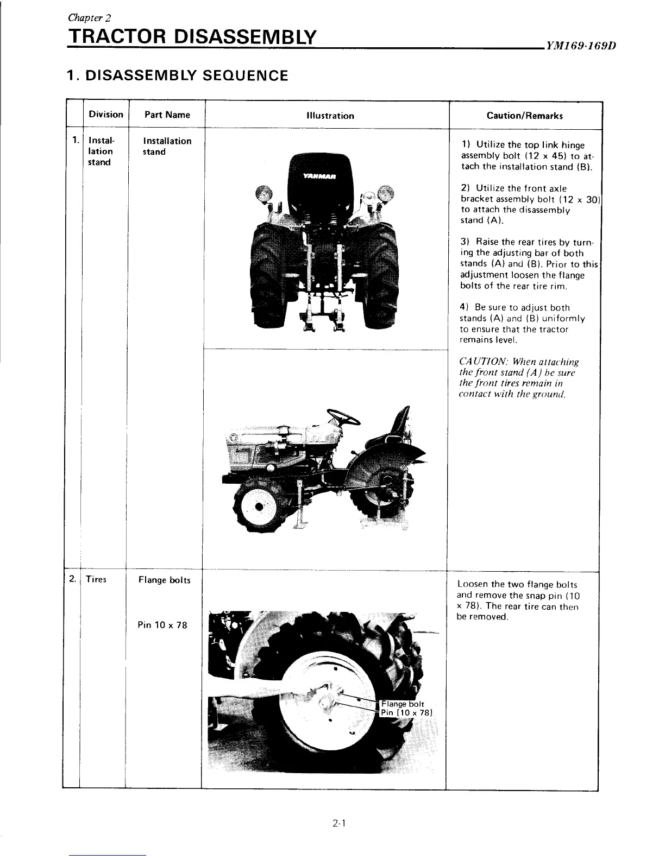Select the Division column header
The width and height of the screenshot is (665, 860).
coord(106,114)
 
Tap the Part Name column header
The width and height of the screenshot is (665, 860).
coord(167,115)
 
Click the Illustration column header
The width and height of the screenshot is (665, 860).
coord(330,116)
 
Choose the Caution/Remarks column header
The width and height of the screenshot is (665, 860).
coord(525,116)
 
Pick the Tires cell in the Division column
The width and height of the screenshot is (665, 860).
coord(96,579)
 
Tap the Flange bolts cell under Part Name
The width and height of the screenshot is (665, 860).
coord(165,580)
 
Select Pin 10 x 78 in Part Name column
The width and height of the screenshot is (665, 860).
coord(162,625)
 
